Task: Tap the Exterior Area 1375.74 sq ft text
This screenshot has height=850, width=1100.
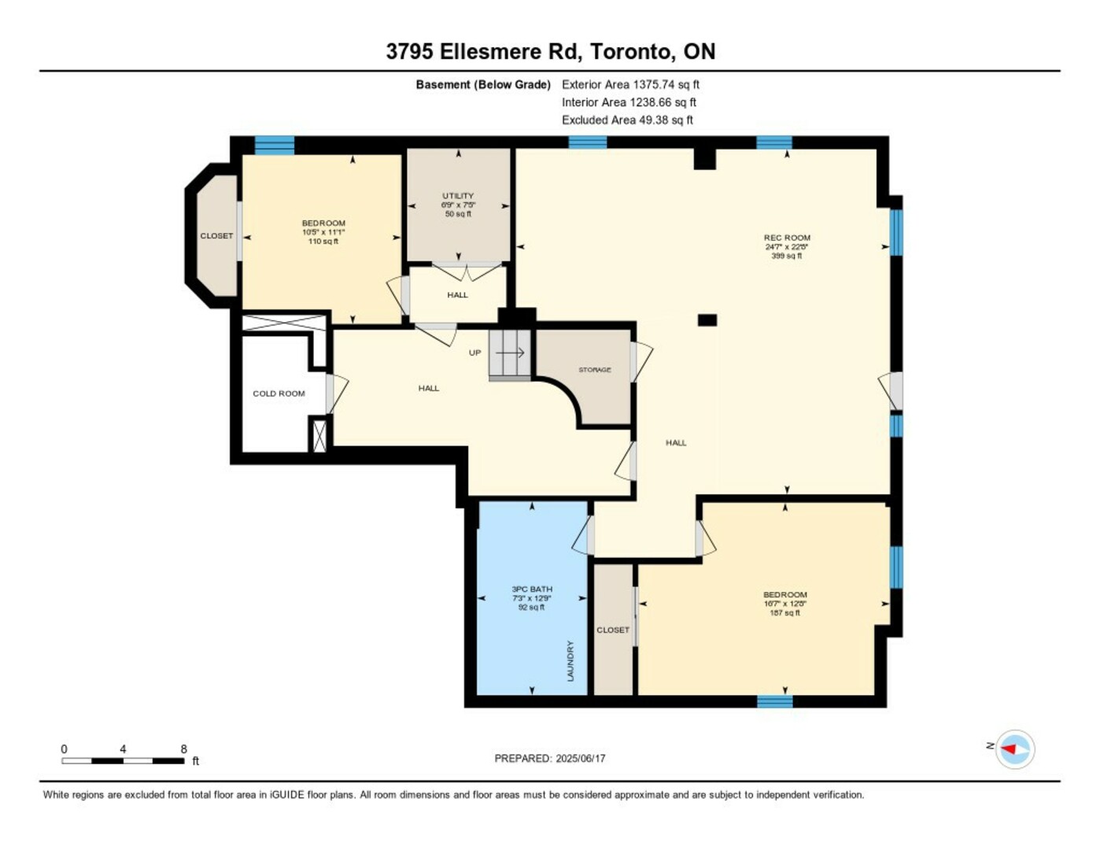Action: [630, 84]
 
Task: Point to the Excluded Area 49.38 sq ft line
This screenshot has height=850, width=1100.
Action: [627, 120]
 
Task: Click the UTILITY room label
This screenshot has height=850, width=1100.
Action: [458, 196]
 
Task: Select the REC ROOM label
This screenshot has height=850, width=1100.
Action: [787, 238]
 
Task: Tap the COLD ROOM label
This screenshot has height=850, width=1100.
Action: [279, 394]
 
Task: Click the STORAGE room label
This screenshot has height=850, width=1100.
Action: [595, 370]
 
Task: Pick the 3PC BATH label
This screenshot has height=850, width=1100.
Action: [532, 589]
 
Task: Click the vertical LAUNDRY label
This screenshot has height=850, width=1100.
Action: [570, 660]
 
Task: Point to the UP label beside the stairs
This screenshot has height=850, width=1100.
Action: [474, 353]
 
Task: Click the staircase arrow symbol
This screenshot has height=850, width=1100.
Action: [510, 353]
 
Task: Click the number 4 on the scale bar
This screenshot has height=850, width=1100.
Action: [123, 748]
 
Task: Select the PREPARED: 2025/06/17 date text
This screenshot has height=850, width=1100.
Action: [550, 759]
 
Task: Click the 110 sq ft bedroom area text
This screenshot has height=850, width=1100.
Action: [323, 242]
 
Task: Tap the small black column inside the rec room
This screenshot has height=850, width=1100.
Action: [707, 320]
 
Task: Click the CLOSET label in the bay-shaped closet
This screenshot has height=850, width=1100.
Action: [216, 236]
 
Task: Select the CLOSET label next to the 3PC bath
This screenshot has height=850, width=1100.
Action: [613, 630]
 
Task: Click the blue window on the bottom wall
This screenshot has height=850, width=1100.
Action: [775, 701]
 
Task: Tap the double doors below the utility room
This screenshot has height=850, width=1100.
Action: [467, 272]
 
